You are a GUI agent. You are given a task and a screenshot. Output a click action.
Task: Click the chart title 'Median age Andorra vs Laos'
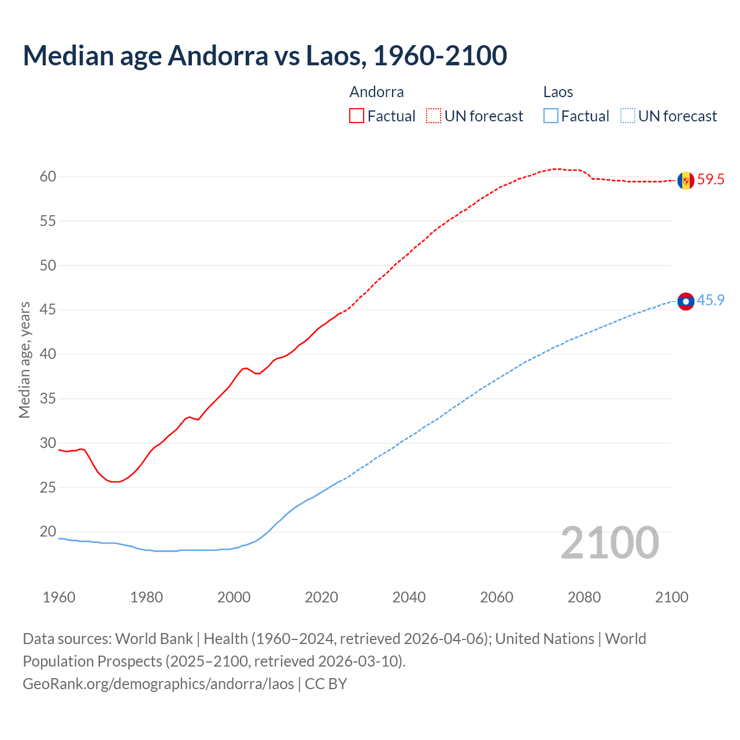tap(265, 55)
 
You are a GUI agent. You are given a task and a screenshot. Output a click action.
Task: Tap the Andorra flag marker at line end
tap(686, 180)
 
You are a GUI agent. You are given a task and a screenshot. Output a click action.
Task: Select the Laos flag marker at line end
tap(686, 301)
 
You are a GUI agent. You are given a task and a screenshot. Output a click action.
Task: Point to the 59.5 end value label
tap(711, 180)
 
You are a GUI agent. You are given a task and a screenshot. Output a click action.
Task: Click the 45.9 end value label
tap(711, 301)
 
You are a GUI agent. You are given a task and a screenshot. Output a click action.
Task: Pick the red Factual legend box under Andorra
tap(357, 116)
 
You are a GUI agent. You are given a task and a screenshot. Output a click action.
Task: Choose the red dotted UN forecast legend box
tap(434, 116)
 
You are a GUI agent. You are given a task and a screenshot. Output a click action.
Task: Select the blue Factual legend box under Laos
tap(551, 116)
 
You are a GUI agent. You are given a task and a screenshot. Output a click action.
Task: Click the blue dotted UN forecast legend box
tap(628, 116)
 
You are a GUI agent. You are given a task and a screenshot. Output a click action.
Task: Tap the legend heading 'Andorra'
tap(376, 92)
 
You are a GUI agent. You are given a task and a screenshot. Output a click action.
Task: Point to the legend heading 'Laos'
tap(558, 92)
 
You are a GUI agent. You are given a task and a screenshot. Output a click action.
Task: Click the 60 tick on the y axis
tap(48, 177)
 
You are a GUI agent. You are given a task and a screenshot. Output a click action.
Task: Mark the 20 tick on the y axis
tap(48, 532)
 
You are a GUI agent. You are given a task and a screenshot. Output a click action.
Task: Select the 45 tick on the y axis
tap(48, 310)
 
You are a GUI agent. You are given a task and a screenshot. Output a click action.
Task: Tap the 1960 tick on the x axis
tap(59, 597)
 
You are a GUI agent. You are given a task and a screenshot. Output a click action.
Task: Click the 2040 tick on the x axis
tap(409, 597)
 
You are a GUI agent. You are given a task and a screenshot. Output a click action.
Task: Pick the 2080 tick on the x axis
tap(584, 597)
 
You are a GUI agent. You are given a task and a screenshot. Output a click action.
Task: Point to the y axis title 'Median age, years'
tap(24, 360)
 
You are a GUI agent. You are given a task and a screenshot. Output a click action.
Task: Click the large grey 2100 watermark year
tap(610, 543)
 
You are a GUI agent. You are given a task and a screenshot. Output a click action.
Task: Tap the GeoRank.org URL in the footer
tap(158, 684)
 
